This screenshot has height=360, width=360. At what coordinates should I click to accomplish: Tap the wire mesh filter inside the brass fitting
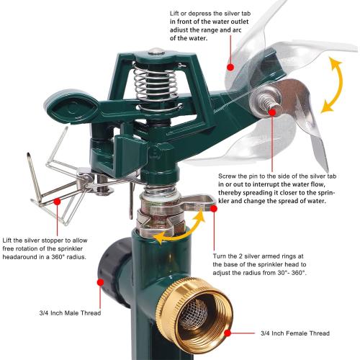tap(193, 315)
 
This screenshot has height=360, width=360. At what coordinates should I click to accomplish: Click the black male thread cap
tap(114, 272)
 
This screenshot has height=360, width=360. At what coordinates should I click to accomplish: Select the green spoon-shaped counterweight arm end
tap(73, 107)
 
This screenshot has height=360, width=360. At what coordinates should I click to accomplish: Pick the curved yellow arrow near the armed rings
tap(182, 230)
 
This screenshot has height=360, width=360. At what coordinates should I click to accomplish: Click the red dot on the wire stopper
tap(57, 202)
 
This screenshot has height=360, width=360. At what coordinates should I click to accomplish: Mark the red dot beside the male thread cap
tap(101, 282)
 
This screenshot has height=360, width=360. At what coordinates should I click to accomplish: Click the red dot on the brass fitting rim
tap(228, 333)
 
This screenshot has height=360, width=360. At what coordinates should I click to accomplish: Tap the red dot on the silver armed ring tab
tap(214, 209)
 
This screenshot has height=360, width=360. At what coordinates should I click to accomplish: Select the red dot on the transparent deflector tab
tap(230, 67)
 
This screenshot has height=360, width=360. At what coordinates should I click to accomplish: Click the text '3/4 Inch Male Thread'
tap(70, 313)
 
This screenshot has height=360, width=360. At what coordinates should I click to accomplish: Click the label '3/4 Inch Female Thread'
tap(295, 333)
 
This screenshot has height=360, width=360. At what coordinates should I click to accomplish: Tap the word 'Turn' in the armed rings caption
tap(219, 256)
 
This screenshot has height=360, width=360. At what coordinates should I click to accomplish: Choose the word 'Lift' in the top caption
tap(174, 14)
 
